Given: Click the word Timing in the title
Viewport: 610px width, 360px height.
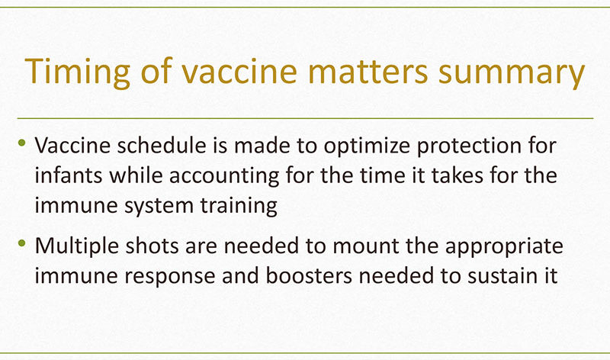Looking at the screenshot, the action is tap(77, 72).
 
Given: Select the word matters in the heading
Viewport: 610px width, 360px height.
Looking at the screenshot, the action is tap(368, 72).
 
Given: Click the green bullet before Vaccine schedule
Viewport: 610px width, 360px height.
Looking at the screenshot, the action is tap(22, 143).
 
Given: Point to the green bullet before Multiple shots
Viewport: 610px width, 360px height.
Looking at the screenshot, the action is tap(22, 243).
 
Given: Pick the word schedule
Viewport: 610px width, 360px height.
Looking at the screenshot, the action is tap(162, 146).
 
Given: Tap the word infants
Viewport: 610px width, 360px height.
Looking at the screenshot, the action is tap(69, 175).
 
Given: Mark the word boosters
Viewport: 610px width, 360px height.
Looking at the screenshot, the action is tap(309, 276).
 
